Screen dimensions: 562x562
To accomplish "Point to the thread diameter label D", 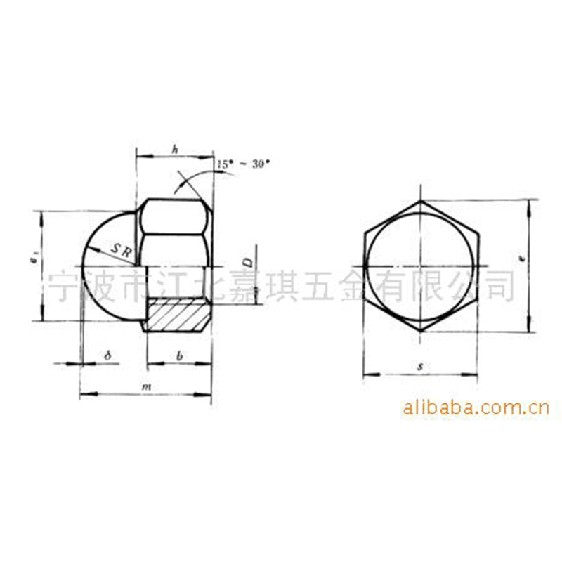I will (247, 263).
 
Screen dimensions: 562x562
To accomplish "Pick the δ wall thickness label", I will (107, 356).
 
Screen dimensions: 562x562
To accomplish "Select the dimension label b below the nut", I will (180, 356).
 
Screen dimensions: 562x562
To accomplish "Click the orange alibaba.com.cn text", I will (476, 407).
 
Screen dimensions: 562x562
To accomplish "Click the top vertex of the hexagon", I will (420, 201).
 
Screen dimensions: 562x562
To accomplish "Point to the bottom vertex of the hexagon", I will (420, 331).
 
